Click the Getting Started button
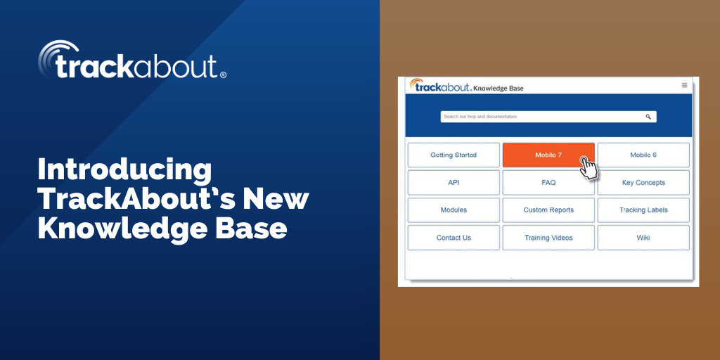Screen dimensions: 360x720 click(x=454, y=155)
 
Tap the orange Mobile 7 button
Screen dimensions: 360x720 click(x=548, y=155)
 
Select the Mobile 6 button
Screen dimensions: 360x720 click(x=643, y=155)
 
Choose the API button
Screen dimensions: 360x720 click(x=454, y=183)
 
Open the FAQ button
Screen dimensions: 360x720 click(x=548, y=183)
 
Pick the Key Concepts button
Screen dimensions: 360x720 click(x=643, y=183)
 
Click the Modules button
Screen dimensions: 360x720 click(x=454, y=210)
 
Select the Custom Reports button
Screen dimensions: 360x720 click(x=548, y=210)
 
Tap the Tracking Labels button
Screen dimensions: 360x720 click(x=643, y=210)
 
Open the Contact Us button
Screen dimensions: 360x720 click(x=454, y=238)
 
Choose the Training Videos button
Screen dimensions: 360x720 click(x=548, y=238)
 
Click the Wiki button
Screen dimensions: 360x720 click(x=643, y=238)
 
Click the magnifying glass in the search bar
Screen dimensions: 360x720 click(x=648, y=117)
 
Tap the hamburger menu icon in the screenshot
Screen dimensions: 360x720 click(x=684, y=85)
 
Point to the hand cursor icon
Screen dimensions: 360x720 click(x=588, y=168)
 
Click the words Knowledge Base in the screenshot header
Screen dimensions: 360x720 click(x=499, y=89)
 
